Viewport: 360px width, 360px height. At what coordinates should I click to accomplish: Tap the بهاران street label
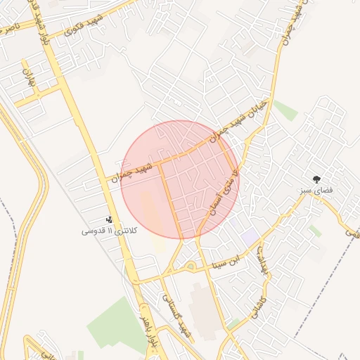pyautogui.click(x=29, y=78)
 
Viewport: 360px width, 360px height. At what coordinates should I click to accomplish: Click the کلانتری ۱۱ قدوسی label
pyautogui.click(x=111, y=231)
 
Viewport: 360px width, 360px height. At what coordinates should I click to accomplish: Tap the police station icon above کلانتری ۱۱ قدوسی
pyautogui.click(x=108, y=219)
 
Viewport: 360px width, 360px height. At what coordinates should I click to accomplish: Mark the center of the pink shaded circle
pyautogui.click(x=181, y=179)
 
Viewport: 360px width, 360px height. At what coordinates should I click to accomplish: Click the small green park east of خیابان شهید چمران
pyautogui.click(x=285, y=110)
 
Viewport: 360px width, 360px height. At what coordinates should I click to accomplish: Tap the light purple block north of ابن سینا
pyautogui.click(x=250, y=236)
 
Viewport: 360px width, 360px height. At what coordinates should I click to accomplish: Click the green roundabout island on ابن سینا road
pyautogui.click(x=190, y=266)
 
